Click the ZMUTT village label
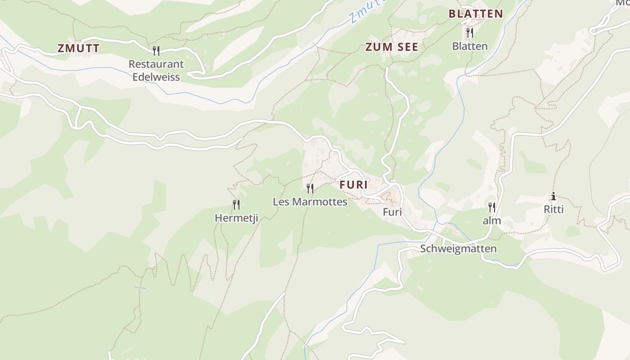(x=78, y=49)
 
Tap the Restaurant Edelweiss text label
(x=156, y=70)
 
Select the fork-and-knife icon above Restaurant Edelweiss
(x=156, y=50)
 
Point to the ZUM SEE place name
(x=391, y=47)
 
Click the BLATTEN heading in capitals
(x=476, y=13)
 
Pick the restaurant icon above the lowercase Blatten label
(x=469, y=32)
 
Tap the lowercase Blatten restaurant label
(x=470, y=46)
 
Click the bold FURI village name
(x=354, y=184)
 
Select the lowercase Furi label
(x=392, y=212)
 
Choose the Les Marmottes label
(x=310, y=202)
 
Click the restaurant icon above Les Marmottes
(x=310, y=188)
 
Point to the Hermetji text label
(x=236, y=218)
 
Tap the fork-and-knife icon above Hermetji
(x=236, y=205)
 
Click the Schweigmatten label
(x=458, y=249)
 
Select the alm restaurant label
(x=492, y=221)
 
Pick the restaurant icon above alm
(x=492, y=207)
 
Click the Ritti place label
(x=553, y=209)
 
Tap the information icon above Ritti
(x=553, y=196)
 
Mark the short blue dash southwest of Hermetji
(x=140, y=288)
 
